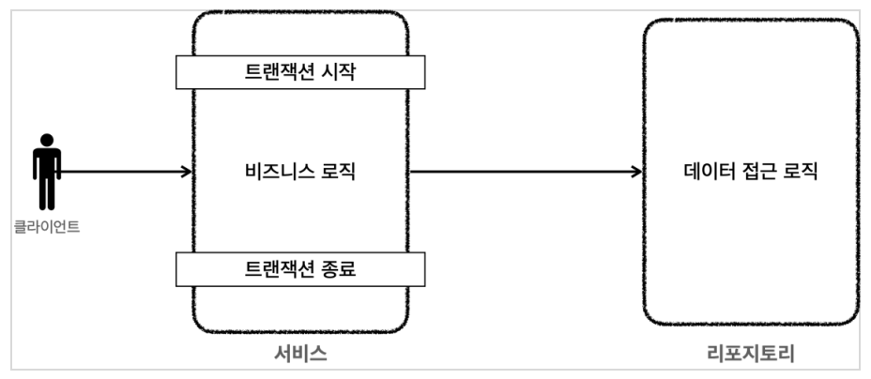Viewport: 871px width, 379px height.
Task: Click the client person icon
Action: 47,172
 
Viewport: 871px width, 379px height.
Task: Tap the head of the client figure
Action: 47,140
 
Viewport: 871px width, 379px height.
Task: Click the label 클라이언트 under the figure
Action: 47,226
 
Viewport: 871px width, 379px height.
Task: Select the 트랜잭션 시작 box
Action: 300,72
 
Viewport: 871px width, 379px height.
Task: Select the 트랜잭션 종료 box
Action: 300,269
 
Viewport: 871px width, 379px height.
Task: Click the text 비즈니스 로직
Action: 300,172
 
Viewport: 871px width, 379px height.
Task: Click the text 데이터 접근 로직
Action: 751,172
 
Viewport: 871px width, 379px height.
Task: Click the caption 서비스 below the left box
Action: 300,354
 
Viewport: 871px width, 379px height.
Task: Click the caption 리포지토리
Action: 751,354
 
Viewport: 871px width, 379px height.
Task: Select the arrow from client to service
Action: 126,172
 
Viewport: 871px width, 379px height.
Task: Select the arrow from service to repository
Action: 526,172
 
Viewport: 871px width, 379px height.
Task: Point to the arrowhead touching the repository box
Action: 637,172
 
